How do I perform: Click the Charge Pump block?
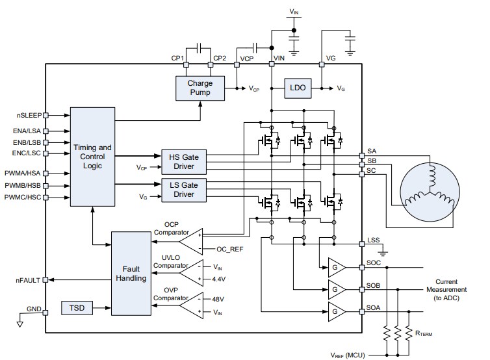click(200, 88)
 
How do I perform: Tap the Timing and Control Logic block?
click(92, 156)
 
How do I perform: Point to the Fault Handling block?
click(131, 273)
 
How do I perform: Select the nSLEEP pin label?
click(29, 115)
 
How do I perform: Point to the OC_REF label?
click(229, 249)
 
